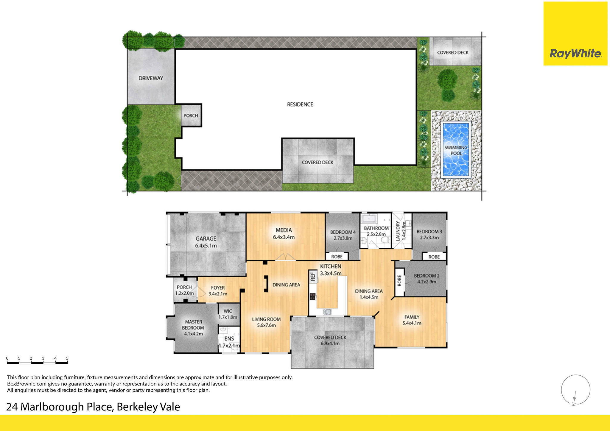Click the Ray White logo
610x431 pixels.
575,54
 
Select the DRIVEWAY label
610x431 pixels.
151,78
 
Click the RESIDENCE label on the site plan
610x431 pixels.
300,104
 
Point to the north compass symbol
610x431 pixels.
575,390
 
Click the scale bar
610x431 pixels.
37,363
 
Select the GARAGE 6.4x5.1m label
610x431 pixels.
206,242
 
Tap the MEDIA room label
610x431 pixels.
284,234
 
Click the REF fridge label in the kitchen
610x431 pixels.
313,276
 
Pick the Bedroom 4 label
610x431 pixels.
343,235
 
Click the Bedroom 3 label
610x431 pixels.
429,234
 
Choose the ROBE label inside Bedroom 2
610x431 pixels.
399,280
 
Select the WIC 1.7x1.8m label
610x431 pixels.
228,314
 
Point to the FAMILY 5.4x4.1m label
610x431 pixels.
412,320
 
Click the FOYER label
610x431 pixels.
218,291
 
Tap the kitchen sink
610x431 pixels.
327,312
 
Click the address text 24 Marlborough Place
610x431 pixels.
93,407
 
